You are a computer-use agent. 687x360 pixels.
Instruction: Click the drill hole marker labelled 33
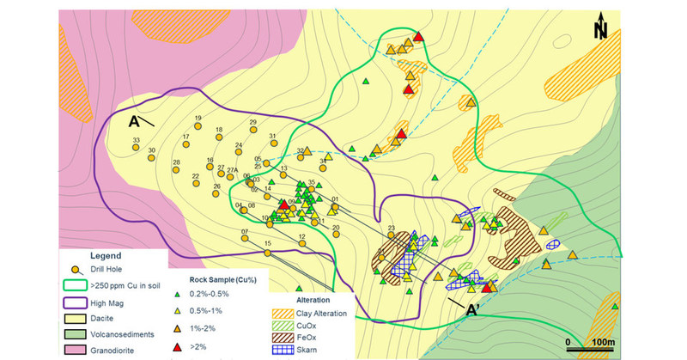click(136, 148)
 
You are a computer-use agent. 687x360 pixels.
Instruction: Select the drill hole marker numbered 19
click(198, 126)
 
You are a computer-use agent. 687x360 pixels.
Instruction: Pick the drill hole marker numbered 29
click(252, 131)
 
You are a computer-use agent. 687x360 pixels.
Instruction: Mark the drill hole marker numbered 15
click(268, 251)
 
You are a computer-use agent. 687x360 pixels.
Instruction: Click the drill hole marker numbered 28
click(176, 170)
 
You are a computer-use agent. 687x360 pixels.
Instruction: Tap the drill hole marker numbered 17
click(185, 145)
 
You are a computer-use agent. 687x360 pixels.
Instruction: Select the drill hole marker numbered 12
click(301, 244)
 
